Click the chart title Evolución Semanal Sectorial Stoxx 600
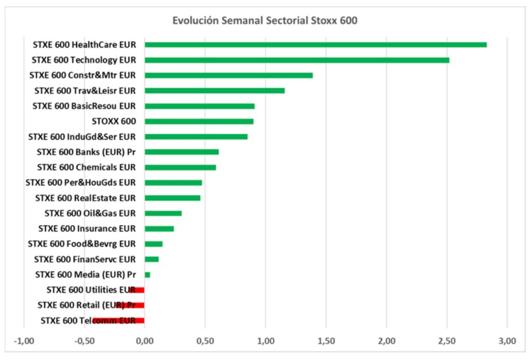tap(265, 21)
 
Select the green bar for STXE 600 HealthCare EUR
tap(315, 45)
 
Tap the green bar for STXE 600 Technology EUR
tap(297, 60)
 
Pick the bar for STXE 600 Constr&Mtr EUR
tap(229, 75)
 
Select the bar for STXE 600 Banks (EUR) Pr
tap(181, 152)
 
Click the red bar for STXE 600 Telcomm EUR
tap(118, 321)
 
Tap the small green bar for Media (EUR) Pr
tap(148, 275)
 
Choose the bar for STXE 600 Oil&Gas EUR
tap(163, 213)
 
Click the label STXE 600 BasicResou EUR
tap(84, 106)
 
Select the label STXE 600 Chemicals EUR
tap(86, 167)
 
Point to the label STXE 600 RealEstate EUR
tap(85, 198)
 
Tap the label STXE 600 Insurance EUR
tap(87, 229)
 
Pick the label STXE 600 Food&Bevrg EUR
tap(82, 244)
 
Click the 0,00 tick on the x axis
tap(144, 341)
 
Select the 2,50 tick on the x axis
tap(447, 341)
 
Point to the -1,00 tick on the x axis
tap(23, 341)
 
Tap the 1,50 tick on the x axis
tap(326, 341)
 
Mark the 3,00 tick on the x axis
tap(507, 341)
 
